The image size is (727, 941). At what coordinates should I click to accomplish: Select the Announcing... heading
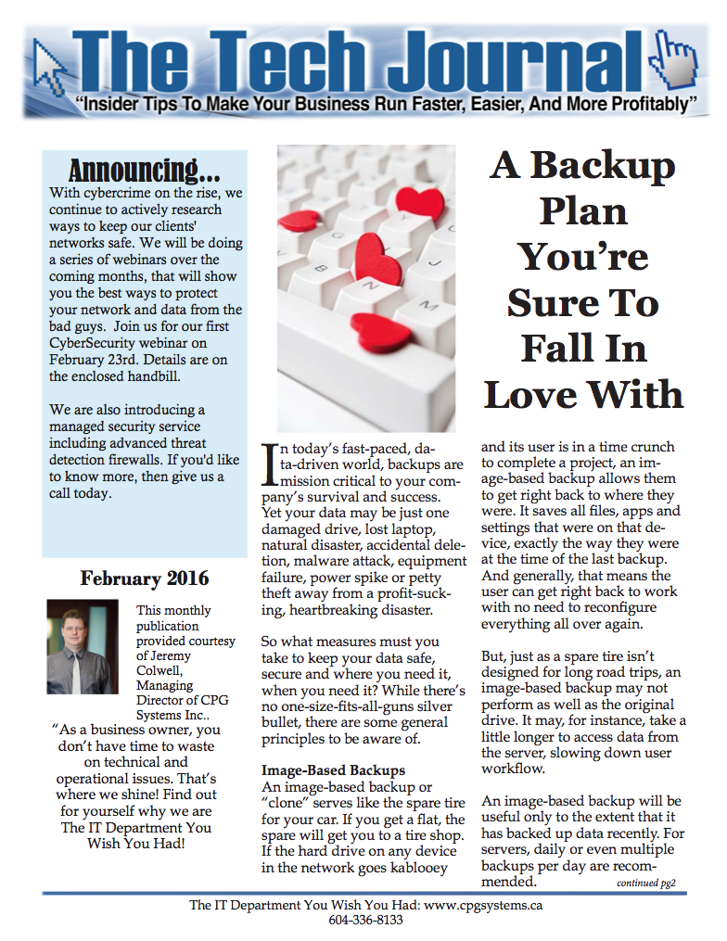(x=144, y=172)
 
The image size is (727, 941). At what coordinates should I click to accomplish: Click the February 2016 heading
(x=144, y=579)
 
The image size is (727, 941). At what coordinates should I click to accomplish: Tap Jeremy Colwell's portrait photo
(x=83, y=647)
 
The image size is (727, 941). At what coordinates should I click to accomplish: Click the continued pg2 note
(x=651, y=884)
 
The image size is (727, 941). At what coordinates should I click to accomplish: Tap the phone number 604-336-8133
(x=364, y=921)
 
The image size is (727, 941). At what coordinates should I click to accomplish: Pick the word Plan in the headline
(x=583, y=210)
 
